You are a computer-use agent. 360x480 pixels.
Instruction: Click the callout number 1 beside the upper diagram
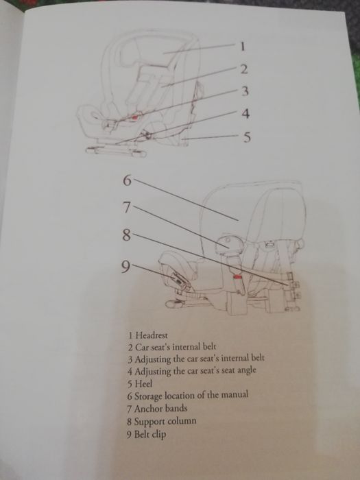tap(241, 47)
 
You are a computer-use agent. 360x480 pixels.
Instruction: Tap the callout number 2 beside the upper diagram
tap(243, 69)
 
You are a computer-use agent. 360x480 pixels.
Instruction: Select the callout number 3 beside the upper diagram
tap(245, 91)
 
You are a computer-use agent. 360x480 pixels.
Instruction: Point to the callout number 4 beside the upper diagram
tap(245, 113)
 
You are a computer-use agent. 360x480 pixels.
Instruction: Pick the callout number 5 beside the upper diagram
tap(248, 136)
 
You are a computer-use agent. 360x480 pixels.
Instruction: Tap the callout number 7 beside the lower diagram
tap(125, 206)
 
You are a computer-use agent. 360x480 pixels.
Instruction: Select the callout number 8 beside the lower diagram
tap(125, 235)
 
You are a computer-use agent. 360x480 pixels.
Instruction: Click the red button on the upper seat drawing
tap(135, 116)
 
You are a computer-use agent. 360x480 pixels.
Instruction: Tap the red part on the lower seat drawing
tap(237, 276)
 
